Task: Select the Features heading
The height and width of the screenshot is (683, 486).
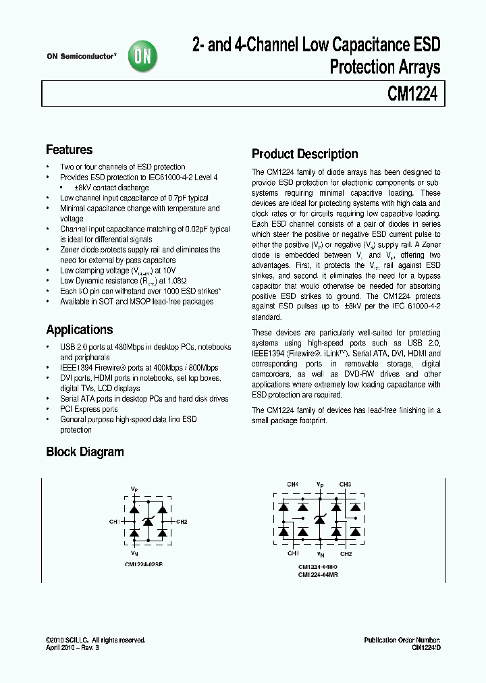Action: tap(69, 150)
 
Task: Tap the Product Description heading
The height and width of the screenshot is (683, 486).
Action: tap(304, 154)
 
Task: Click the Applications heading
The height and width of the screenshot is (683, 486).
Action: tap(79, 330)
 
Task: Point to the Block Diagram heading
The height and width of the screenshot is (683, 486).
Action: tap(84, 452)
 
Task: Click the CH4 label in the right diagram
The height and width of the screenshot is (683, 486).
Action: tap(292, 485)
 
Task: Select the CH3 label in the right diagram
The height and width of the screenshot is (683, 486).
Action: tap(345, 485)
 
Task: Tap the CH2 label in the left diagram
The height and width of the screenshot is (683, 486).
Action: tap(182, 522)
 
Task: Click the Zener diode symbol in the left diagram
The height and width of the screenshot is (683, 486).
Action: tap(149, 521)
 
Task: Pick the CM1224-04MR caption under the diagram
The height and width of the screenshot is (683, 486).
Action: tap(318, 575)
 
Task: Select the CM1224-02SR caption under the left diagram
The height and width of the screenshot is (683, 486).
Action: tap(143, 564)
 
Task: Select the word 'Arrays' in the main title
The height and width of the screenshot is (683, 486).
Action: tap(415, 67)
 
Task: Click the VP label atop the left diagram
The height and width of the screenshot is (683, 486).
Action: tap(134, 487)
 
